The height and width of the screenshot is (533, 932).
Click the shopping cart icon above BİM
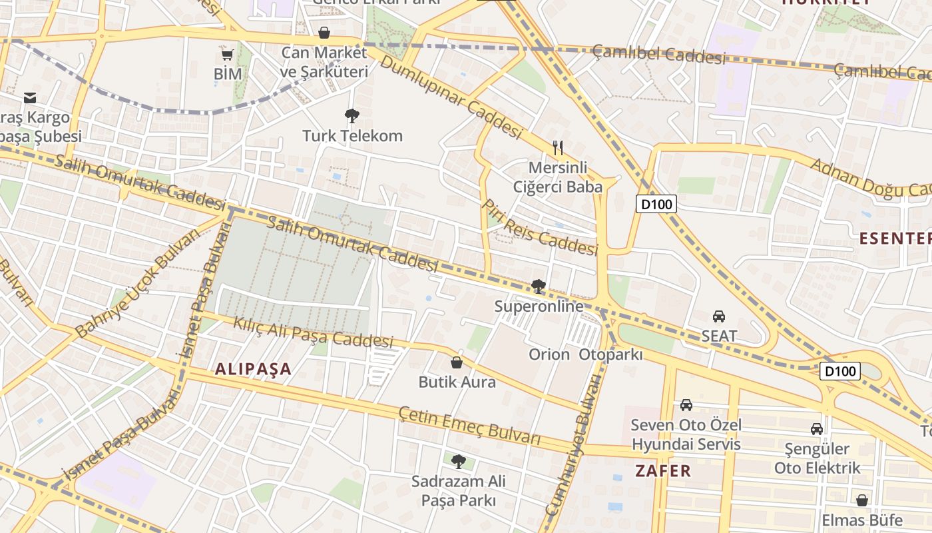click(227, 55)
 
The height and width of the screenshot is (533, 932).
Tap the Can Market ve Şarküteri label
click(324, 62)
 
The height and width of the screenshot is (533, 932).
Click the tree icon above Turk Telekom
click(351, 116)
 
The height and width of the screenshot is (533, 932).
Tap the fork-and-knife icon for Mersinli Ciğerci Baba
click(558, 147)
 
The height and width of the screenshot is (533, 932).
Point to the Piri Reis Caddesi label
click(540, 228)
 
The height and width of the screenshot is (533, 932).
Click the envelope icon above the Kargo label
click(30, 98)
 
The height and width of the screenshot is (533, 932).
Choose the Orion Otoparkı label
click(586, 354)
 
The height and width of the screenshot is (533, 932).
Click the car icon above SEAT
click(719, 316)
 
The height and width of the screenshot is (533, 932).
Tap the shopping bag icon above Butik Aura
click(457, 362)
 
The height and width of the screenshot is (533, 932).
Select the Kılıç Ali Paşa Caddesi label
click(314, 331)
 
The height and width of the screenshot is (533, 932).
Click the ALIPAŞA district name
click(254, 369)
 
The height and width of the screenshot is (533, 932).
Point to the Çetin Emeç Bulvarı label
click(469, 424)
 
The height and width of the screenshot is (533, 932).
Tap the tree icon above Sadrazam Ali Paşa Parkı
click(458, 461)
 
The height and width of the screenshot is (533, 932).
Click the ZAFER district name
click(663, 471)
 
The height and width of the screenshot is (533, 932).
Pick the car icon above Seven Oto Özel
click(686, 404)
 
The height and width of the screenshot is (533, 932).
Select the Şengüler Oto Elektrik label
click(817, 458)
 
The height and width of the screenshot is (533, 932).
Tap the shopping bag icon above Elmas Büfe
click(862, 500)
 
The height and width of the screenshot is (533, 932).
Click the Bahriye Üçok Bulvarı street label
click(137, 284)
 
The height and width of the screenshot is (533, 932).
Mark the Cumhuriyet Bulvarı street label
click(573, 444)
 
